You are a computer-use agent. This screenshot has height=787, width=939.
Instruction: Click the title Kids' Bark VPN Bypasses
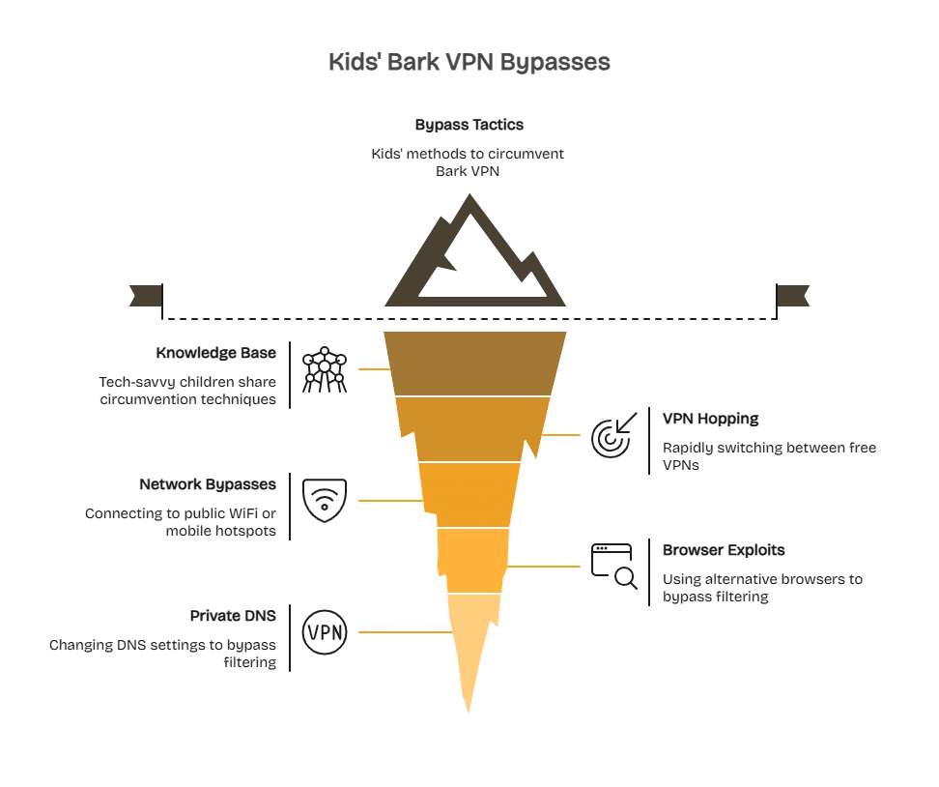point(469,62)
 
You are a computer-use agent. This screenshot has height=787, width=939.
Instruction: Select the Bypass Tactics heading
point(469,125)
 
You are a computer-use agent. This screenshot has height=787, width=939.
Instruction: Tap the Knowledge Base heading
point(215,353)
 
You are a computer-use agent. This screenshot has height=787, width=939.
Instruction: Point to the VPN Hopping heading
point(710,419)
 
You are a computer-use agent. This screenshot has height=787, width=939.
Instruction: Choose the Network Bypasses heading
point(207,484)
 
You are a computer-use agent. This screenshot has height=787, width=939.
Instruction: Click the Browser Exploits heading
point(723,550)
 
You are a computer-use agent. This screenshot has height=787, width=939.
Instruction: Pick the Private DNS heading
point(233,616)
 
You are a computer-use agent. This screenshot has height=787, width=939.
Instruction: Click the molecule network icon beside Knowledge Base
point(324,369)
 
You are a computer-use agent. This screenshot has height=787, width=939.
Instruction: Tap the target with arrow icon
point(613,434)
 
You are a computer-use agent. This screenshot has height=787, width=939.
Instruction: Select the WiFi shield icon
point(324,500)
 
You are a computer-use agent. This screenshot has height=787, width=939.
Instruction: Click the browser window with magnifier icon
point(613,566)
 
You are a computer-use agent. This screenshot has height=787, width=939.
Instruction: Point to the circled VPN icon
point(324,632)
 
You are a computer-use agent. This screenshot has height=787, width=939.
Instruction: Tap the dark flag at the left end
point(146,295)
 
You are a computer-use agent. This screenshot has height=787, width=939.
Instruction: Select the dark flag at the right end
point(792,295)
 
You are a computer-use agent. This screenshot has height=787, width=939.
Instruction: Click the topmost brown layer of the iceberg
point(474,364)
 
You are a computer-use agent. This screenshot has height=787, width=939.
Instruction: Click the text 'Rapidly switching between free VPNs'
point(769,456)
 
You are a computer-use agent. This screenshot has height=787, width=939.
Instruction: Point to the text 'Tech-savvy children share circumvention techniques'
point(187,391)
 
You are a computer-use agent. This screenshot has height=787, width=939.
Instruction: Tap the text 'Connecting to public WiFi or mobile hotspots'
point(180,522)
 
